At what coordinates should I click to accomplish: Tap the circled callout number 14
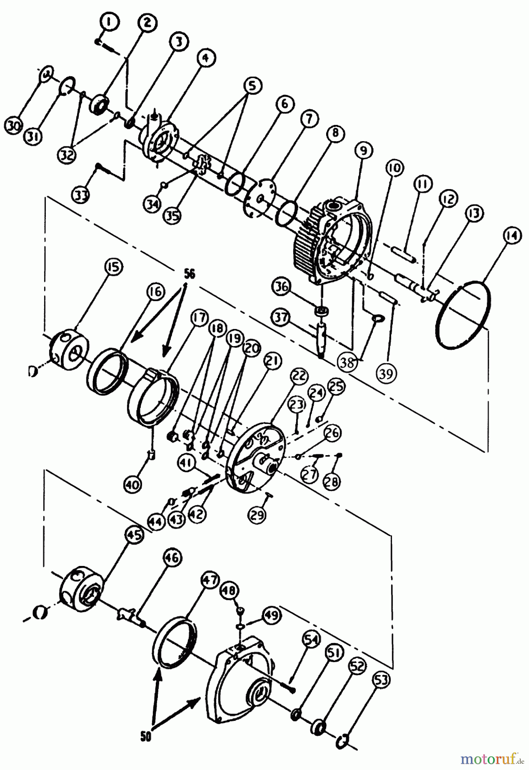[x=513, y=236]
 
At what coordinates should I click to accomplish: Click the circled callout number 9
[x=363, y=151]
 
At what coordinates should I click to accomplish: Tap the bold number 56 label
[x=189, y=274]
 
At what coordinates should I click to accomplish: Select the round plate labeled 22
[x=256, y=456]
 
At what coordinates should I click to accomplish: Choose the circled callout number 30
[x=13, y=126]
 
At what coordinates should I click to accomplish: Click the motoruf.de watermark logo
[x=493, y=759]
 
